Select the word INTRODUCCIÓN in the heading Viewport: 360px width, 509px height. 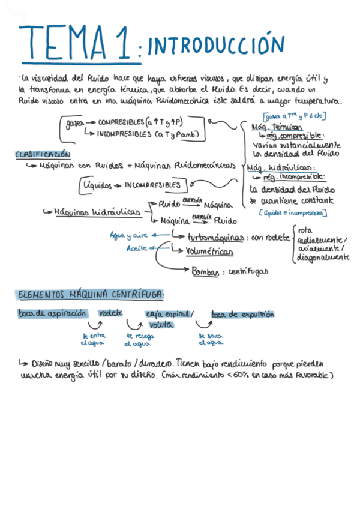point(215,46)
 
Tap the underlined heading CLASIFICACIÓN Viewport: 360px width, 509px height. point(43,154)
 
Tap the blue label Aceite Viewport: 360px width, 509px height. point(137,248)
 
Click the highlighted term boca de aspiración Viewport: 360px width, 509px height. point(53,313)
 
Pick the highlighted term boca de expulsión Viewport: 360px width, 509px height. point(242,313)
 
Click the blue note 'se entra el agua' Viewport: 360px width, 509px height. point(93,339)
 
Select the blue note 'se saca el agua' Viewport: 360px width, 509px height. point(211,339)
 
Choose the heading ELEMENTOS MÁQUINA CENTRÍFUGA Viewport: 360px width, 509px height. point(91,295)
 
